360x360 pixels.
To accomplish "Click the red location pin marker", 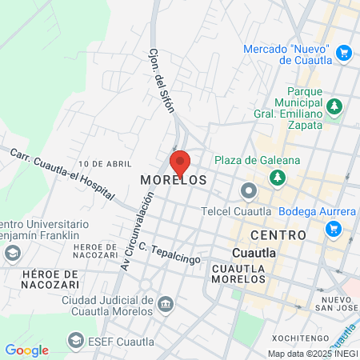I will [180, 162].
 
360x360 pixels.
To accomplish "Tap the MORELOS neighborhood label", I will [174, 181].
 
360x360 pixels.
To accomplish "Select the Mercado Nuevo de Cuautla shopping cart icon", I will [344, 54].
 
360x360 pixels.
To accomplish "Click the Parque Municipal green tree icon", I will [334, 106].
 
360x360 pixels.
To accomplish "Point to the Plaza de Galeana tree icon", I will [277, 176].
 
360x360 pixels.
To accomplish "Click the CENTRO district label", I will [278, 234].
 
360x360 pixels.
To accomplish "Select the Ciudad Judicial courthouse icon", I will [165, 304].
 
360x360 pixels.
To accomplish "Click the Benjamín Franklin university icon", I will [12, 254].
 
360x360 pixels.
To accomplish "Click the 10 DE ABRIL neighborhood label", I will [105, 162].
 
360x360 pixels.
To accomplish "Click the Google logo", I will [26, 350].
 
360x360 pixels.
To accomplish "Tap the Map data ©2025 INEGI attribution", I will [312, 354].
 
